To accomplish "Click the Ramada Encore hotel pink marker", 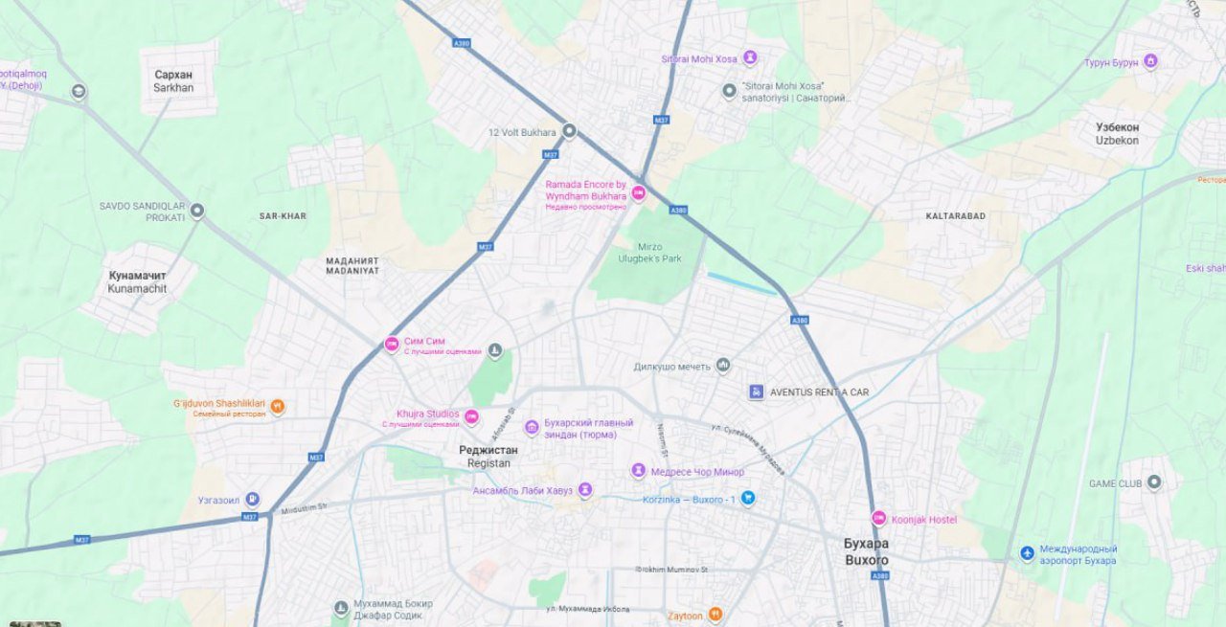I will point(638,193).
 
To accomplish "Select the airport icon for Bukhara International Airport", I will point(1027,553).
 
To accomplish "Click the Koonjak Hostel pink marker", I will point(878,519).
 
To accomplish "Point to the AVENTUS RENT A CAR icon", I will point(756,392).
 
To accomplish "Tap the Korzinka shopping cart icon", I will point(748,499).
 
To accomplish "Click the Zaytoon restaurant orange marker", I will point(715,615).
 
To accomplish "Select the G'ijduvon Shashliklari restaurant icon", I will point(277,406).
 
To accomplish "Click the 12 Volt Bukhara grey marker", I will point(569,131).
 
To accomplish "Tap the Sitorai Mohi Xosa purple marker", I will point(750,58).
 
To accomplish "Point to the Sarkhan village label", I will point(173,81).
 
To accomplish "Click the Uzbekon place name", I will point(1117,133).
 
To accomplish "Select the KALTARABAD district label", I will point(955,216).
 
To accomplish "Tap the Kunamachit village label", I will point(137,281).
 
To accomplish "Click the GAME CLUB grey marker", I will point(1154,482).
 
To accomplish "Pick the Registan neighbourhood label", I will point(488,457).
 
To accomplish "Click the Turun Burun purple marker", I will point(1150,62).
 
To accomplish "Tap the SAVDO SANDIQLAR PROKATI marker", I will point(197,212).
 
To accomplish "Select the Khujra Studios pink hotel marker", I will point(471,417).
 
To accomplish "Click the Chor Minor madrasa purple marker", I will point(638,471).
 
